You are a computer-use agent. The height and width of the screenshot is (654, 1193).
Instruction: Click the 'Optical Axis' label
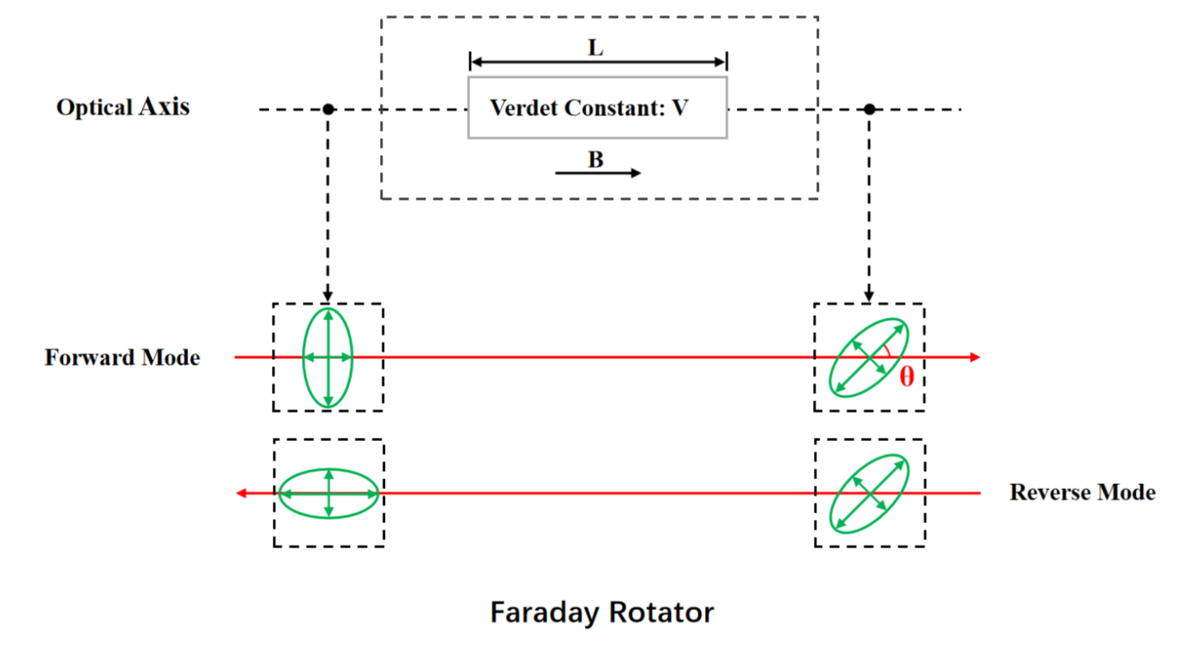[123, 108]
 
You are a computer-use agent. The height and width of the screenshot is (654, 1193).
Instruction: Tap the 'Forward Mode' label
[122, 358]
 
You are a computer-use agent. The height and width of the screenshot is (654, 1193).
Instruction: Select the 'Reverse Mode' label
[1082, 492]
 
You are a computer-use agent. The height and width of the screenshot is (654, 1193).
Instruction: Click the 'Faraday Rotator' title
[601, 613]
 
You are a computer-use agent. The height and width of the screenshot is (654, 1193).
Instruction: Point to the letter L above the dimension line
[596, 48]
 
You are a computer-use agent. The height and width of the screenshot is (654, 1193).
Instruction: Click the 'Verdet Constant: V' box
[597, 108]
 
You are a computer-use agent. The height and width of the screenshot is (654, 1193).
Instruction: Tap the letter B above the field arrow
[596, 160]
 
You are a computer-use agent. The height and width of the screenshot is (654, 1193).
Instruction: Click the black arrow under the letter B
[597, 173]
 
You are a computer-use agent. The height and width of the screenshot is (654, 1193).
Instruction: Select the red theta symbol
[907, 378]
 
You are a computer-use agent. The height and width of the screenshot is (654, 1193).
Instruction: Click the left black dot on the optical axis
[329, 109]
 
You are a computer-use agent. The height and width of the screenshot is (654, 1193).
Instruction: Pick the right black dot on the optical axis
[869, 109]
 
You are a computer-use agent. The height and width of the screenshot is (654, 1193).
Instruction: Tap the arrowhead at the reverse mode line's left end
[241, 493]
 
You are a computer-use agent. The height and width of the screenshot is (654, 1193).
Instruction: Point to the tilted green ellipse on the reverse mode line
[869, 492]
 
